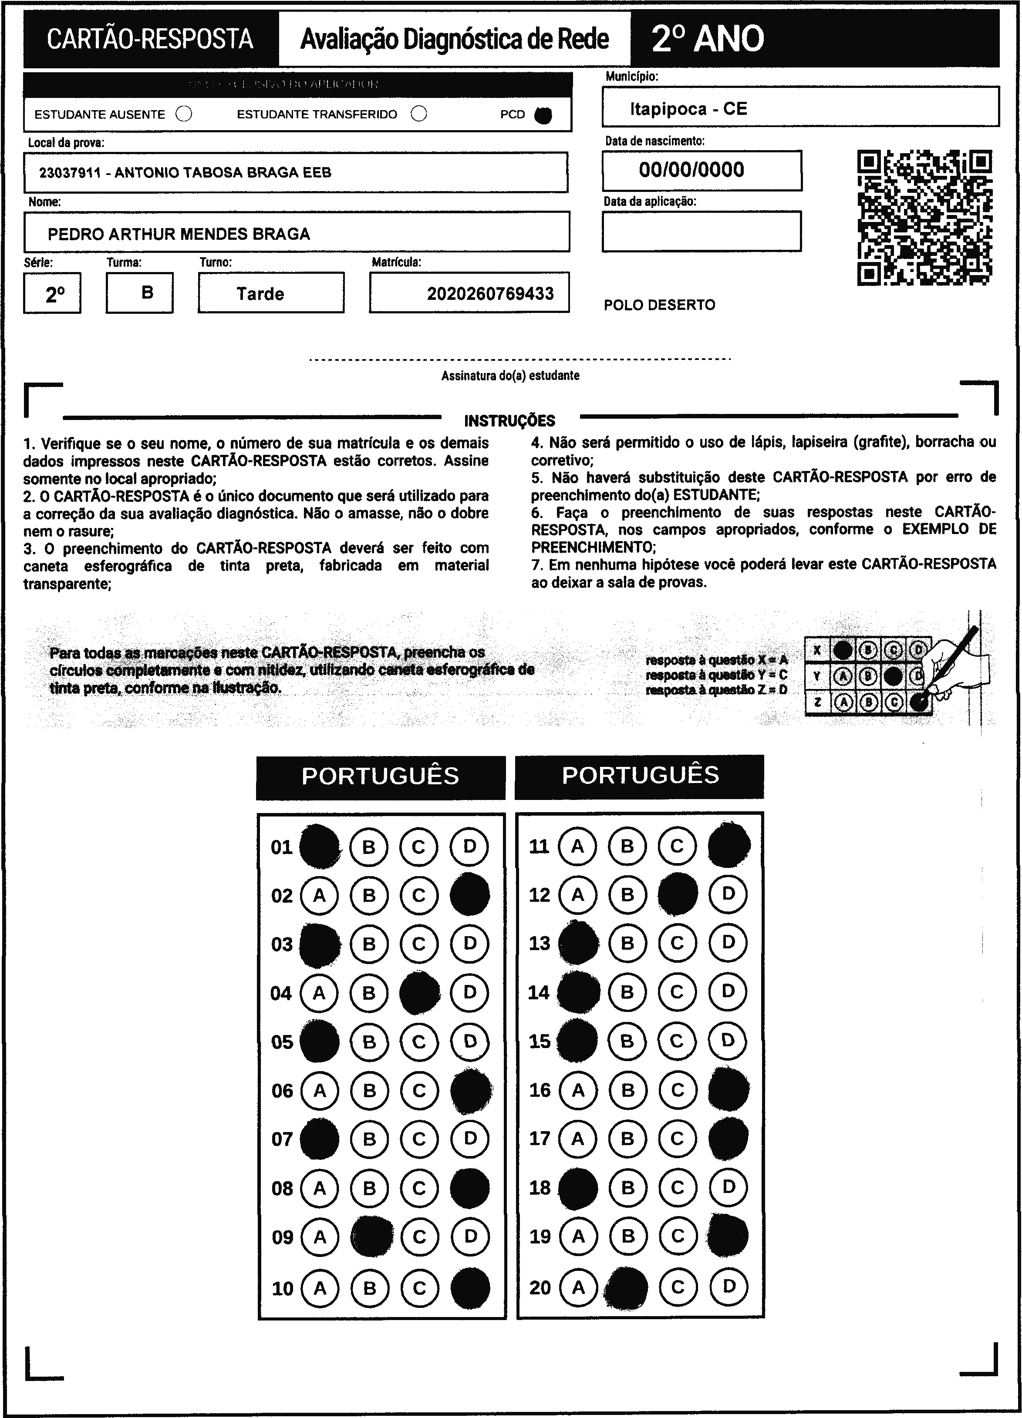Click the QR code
(924, 218)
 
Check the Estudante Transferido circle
(419, 114)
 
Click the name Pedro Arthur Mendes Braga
(179, 234)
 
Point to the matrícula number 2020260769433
(490, 293)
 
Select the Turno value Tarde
(260, 293)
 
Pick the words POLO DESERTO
(659, 305)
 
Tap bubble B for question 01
(369, 847)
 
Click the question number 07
(282, 1139)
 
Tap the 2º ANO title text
(708, 39)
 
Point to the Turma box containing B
(140, 292)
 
